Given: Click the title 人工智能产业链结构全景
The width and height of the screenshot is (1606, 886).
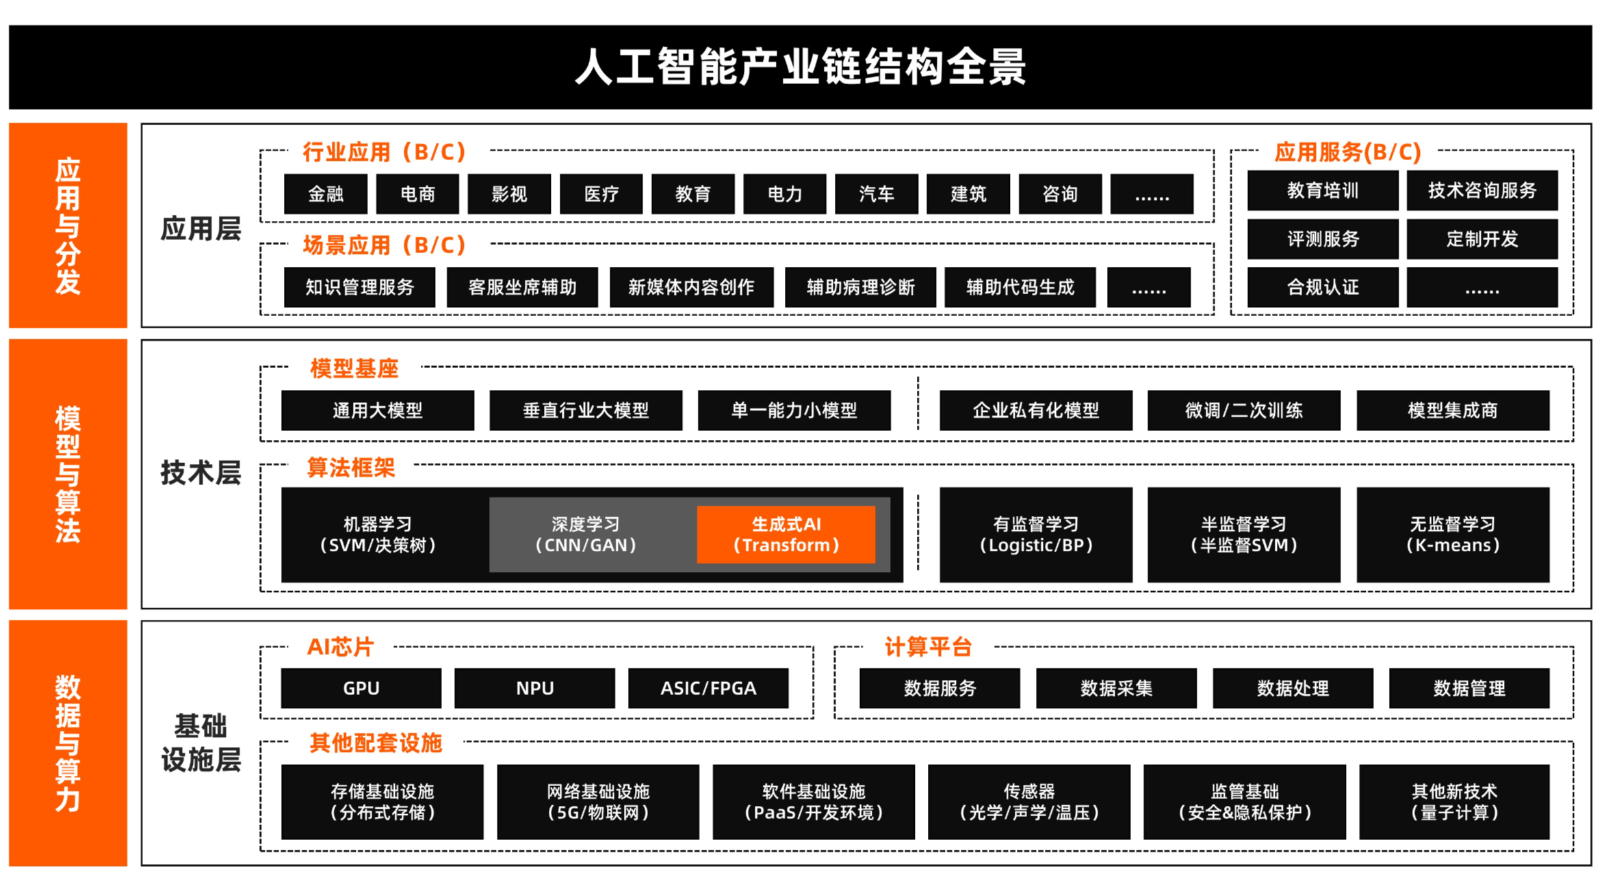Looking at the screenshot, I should coord(801,67).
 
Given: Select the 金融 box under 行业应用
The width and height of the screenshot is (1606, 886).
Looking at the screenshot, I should coord(326,194).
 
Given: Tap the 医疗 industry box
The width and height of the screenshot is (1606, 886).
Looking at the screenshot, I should coord(601,194).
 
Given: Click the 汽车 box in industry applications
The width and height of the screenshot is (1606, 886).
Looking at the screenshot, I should coord(877,194).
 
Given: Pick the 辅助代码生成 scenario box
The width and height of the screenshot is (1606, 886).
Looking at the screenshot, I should coord(1020,287).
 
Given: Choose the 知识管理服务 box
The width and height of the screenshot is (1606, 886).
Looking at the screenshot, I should coord(360,287).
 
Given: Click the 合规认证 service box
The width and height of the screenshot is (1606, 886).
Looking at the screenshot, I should coord(1322,287).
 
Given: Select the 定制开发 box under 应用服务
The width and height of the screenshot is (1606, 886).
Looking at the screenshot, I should coord(1482,239).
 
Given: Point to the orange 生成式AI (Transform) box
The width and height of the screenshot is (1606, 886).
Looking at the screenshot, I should coord(786,535).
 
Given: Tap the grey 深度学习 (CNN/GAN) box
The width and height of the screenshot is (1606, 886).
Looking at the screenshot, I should coord(586,535).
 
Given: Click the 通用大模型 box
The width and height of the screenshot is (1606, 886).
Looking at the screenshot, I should coord(378,411).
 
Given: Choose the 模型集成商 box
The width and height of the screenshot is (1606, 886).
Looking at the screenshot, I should coord(1452,411).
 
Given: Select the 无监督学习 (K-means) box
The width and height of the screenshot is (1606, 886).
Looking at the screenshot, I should coord(1452,535).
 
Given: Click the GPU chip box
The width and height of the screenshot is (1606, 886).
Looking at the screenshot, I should coord(361,688).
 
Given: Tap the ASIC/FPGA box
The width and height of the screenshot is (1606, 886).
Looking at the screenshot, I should coord(708,688).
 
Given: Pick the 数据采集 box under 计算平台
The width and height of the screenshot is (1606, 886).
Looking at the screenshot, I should coord(1116,688).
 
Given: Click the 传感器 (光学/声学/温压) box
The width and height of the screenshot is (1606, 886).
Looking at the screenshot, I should coord(1028,802).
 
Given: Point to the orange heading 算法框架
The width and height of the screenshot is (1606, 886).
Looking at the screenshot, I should coord(351,468).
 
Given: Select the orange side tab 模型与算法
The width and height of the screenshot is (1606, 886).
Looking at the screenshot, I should coord(68,473).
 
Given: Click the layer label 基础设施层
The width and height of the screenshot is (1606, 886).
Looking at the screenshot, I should coord(200,743).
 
